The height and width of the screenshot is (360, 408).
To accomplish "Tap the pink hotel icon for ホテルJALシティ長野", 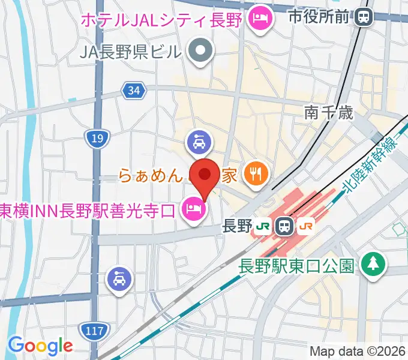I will [262, 19].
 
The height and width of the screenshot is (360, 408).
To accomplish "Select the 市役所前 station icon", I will [363, 17].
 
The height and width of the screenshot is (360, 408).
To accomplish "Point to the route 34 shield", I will [133, 91].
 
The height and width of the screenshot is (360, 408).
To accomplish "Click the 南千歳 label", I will [328, 112].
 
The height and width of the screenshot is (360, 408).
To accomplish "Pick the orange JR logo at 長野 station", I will [305, 226].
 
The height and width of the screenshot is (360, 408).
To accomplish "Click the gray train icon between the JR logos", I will [284, 226].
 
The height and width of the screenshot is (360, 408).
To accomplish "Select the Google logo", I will [40, 346].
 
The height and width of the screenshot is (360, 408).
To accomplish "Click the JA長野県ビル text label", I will [130, 52].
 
